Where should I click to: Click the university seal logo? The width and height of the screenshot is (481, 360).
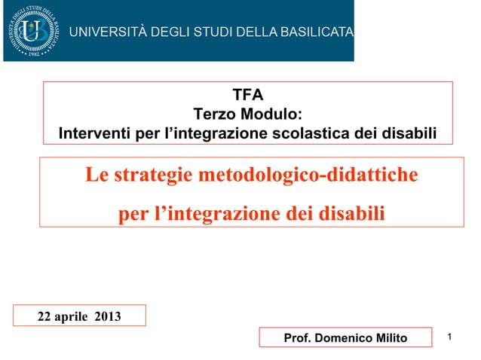pyautogui.click(x=32, y=31)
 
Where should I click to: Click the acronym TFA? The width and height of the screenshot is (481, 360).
pyautogui.click(x=248, y=95)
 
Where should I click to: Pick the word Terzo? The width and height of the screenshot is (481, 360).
pyautogui.click(x=214, y=114)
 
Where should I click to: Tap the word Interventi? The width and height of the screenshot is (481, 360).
pyautogui.click(x=93, y=134)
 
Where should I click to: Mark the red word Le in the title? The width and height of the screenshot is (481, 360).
pyautogui.click(x=96, y=175)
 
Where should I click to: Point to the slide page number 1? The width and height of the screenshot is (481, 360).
pyautogui.click(x=449, y=336)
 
